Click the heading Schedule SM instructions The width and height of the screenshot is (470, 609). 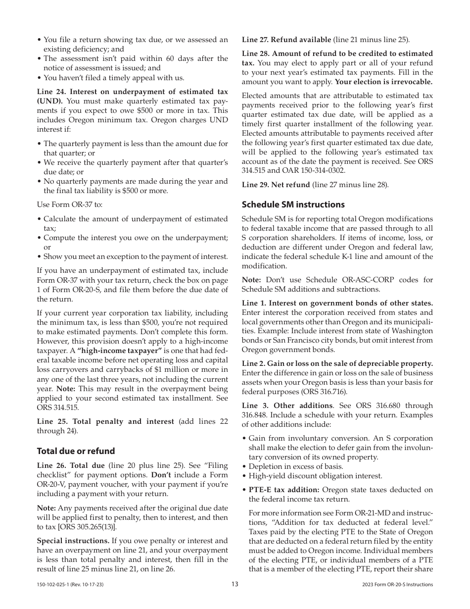tap(293, 204)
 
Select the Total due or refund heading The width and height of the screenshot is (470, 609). tap(76, 451)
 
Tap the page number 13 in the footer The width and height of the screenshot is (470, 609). tap(235, 584)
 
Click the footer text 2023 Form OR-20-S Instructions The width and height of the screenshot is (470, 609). tap(397, 585)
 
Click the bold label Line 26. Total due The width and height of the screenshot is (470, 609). tap(71, 465)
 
